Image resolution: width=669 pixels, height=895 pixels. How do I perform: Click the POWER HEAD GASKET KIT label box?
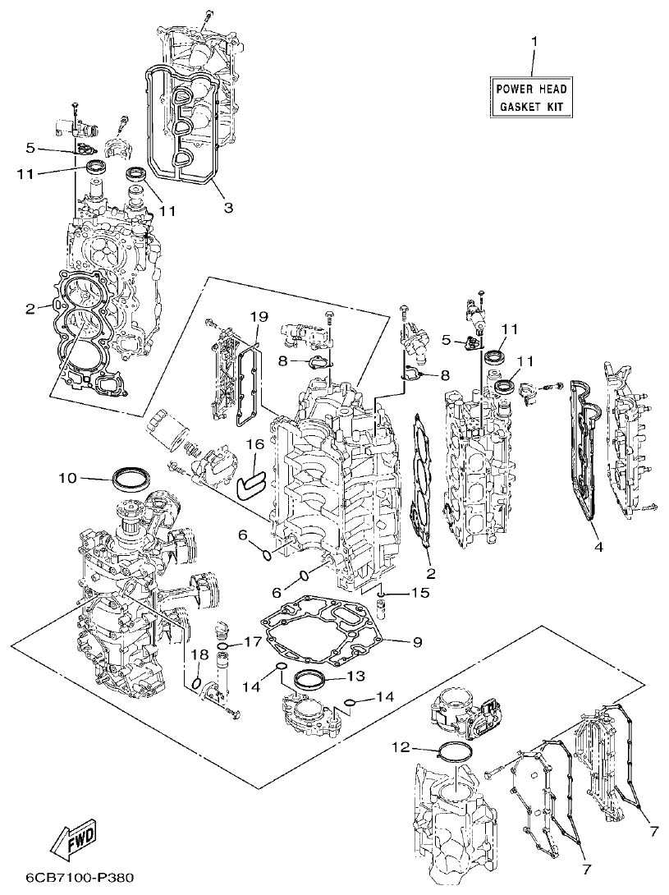pos(531,97)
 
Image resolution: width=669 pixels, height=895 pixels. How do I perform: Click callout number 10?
pos(67,476)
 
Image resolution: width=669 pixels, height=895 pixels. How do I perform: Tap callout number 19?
pos(259,316)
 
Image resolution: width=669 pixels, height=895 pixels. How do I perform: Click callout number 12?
pos(399,746)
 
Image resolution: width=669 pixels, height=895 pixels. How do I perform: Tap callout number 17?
pos(252,641)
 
